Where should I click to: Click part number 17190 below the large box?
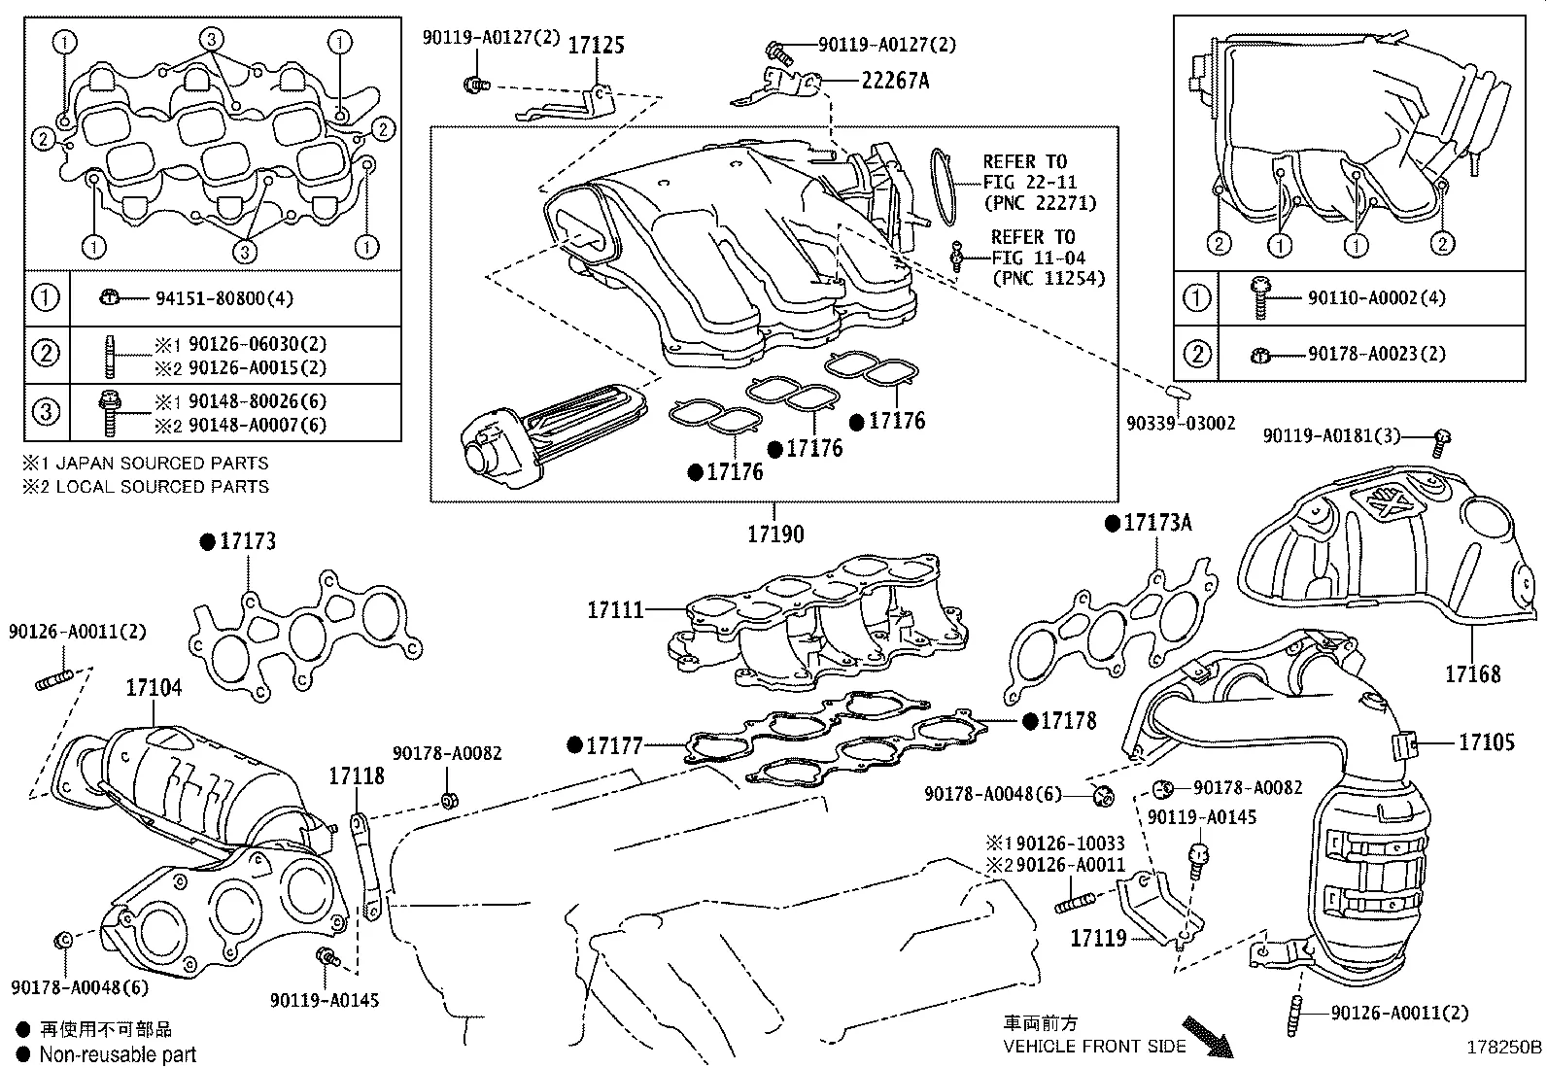click(x=775, y=534)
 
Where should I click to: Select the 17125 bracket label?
click(x=596, y=46)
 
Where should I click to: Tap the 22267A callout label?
click(x=895, y=81)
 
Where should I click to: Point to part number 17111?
click(x=615, y=610)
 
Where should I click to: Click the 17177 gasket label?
click(x=615, y=745)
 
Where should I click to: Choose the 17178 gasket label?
click(x=1068, y=721)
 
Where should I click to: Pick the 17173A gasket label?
click(x=1156, y=523)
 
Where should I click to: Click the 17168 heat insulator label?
click(x=1472, y=673)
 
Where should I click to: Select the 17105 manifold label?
click(x=1486, y=742)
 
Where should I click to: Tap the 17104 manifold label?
click(x=154, y=689)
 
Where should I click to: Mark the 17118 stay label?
click(x=356, y=775)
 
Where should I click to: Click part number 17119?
click(x=1098, y=938)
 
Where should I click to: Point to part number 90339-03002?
click(x=1181, y=423)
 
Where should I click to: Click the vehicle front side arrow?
click(x=1206, y=1036)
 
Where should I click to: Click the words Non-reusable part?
click(x=118, y=1054)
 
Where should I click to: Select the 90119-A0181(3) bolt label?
click(x=1331, y=436)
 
